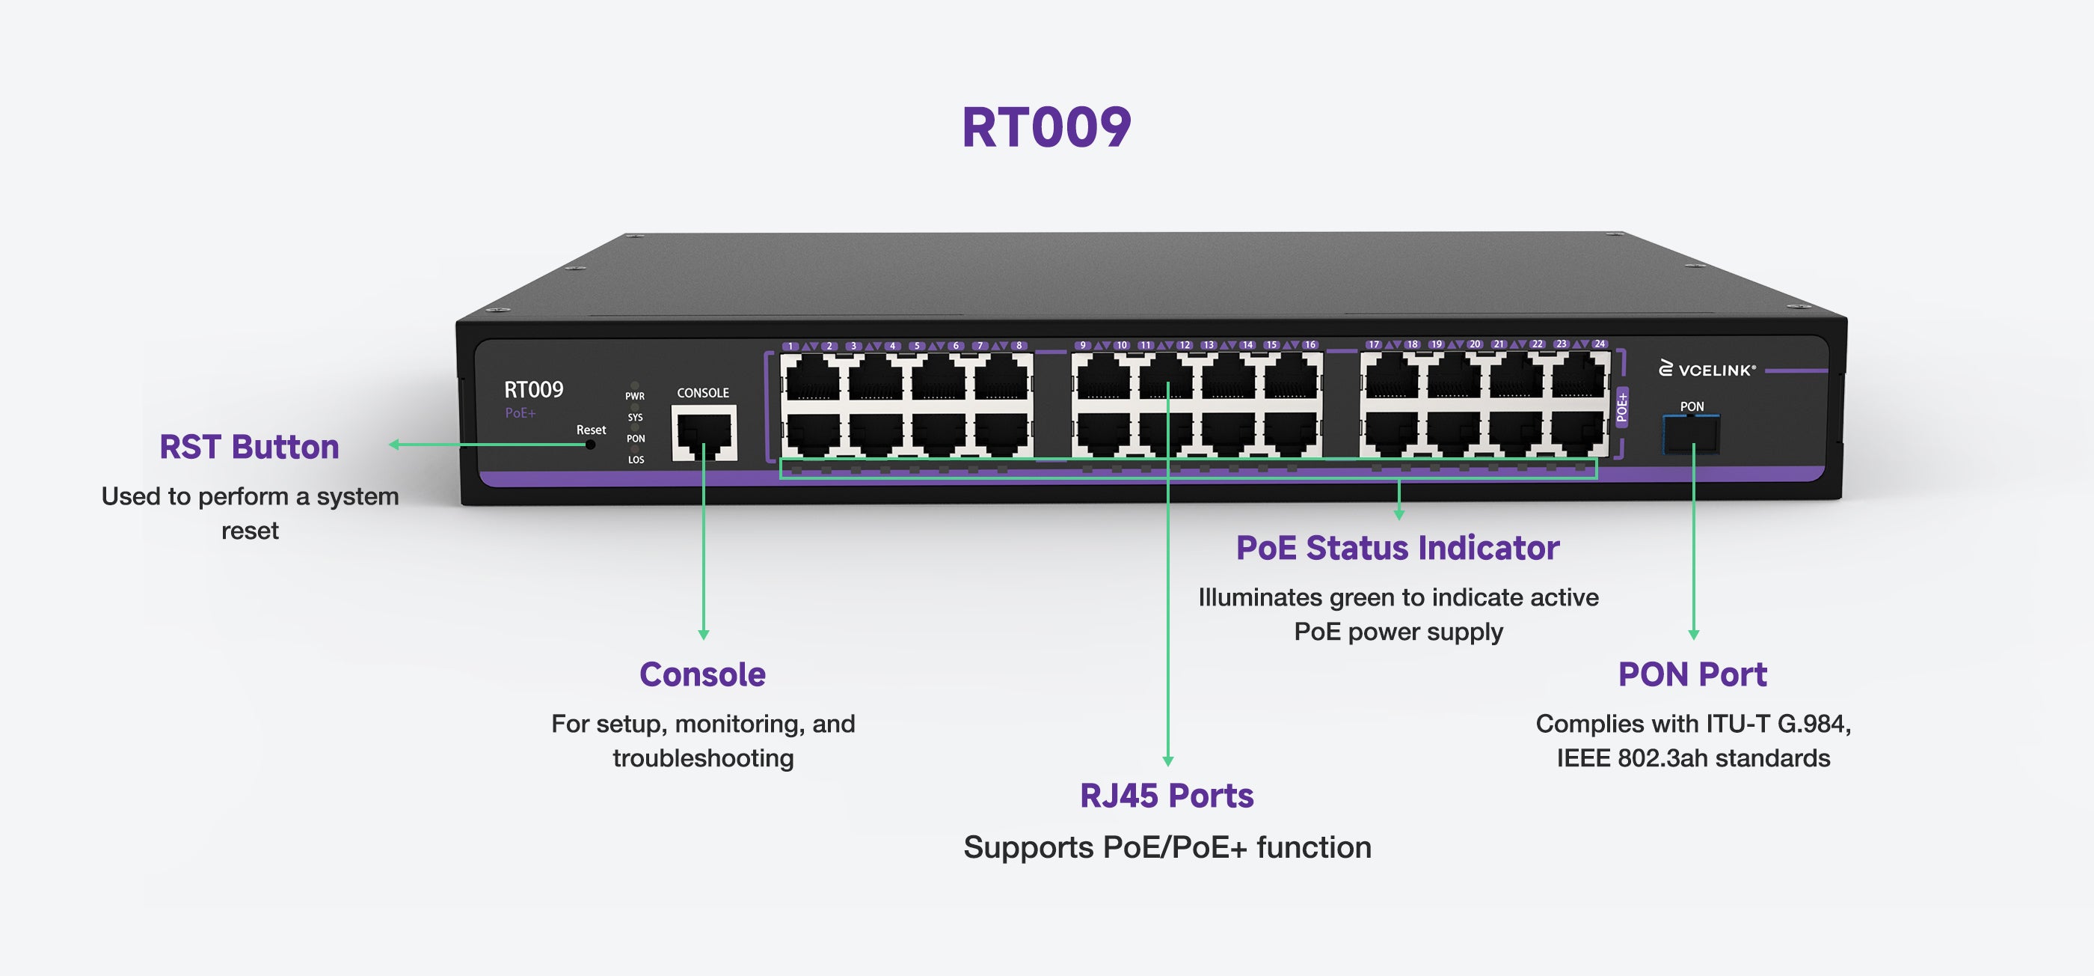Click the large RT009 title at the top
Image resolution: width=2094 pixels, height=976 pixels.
1046,128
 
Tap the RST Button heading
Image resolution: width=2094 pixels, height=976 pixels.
249,448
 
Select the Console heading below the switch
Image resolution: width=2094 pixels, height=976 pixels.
702,674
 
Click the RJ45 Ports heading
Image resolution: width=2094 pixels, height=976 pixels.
1167,796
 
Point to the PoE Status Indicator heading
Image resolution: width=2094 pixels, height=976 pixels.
1397,548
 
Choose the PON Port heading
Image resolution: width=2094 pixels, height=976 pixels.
1692,674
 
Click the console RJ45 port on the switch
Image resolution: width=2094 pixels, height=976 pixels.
704,433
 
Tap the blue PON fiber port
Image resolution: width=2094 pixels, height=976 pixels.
1691,433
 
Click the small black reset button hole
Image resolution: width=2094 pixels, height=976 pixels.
590,445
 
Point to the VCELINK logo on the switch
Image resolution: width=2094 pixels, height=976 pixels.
1707,370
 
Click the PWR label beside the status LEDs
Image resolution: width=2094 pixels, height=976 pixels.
635,396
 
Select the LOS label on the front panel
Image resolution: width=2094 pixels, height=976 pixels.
636,460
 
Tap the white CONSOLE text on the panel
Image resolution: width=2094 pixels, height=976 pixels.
703,393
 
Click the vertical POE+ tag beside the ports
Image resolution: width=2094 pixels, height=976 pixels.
1621,407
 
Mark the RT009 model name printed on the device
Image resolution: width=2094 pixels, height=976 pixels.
533,390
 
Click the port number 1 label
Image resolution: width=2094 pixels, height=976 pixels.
790,347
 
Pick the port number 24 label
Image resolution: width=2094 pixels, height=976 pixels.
1600,344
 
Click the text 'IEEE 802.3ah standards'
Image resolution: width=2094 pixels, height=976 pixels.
1693,758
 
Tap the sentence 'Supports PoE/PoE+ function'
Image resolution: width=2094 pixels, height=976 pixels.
1167,847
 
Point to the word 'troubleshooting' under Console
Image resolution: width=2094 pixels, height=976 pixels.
703,758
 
